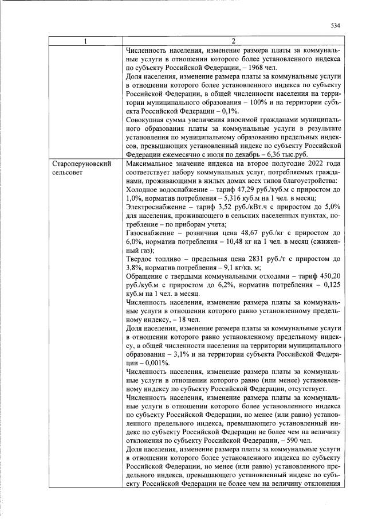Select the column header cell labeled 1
[85, 41]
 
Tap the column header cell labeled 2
[233, 41]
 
